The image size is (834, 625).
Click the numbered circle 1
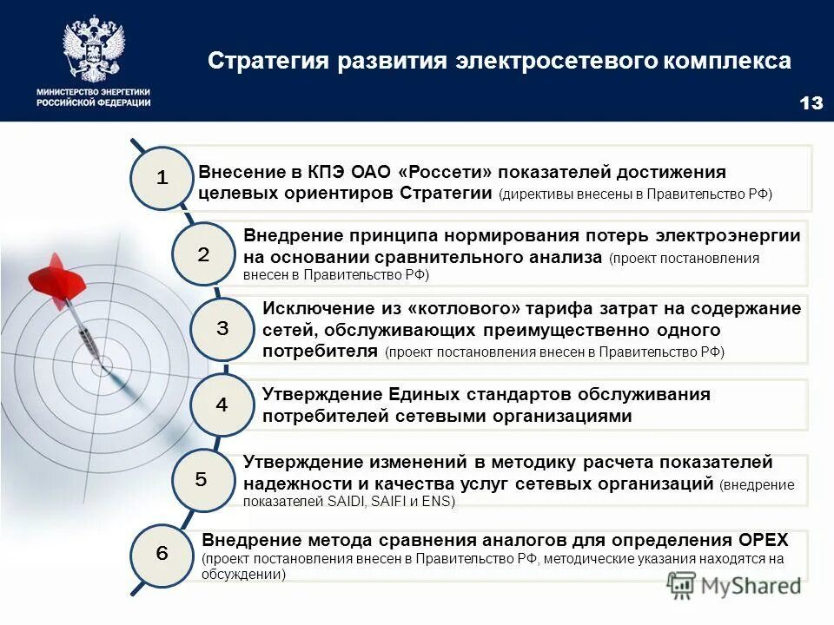click(x=161, y=178)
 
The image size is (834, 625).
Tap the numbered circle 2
click(x=202, y=255)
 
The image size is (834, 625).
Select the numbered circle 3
click(x=222, y=329)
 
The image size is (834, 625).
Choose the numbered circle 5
click(x=201, y=479)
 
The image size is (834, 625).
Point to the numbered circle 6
click(x=162, y=554)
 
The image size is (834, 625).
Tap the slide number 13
click(x=810, y=103)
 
